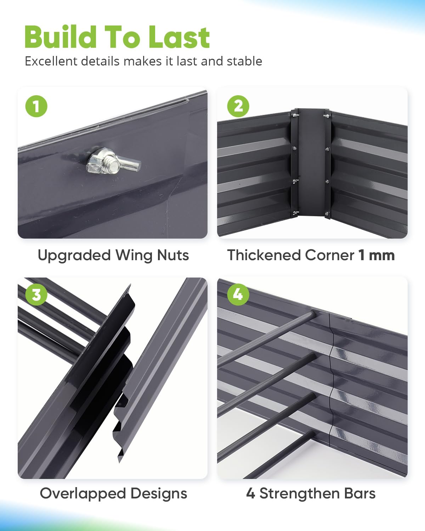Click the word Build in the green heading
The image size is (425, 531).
61,37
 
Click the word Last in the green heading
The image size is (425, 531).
179,37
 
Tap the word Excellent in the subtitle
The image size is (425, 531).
51,61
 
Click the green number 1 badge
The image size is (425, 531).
36,106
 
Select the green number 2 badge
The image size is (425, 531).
238,106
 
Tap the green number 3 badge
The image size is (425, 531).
36,294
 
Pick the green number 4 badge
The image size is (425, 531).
238,294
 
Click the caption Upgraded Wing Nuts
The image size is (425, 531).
113,255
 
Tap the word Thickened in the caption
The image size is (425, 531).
263,255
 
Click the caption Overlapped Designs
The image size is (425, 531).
113,493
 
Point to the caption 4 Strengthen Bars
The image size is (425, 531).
311,493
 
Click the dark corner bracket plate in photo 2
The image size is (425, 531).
311,163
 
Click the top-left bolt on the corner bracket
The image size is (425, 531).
295,115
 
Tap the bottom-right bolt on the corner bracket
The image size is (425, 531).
327,213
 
